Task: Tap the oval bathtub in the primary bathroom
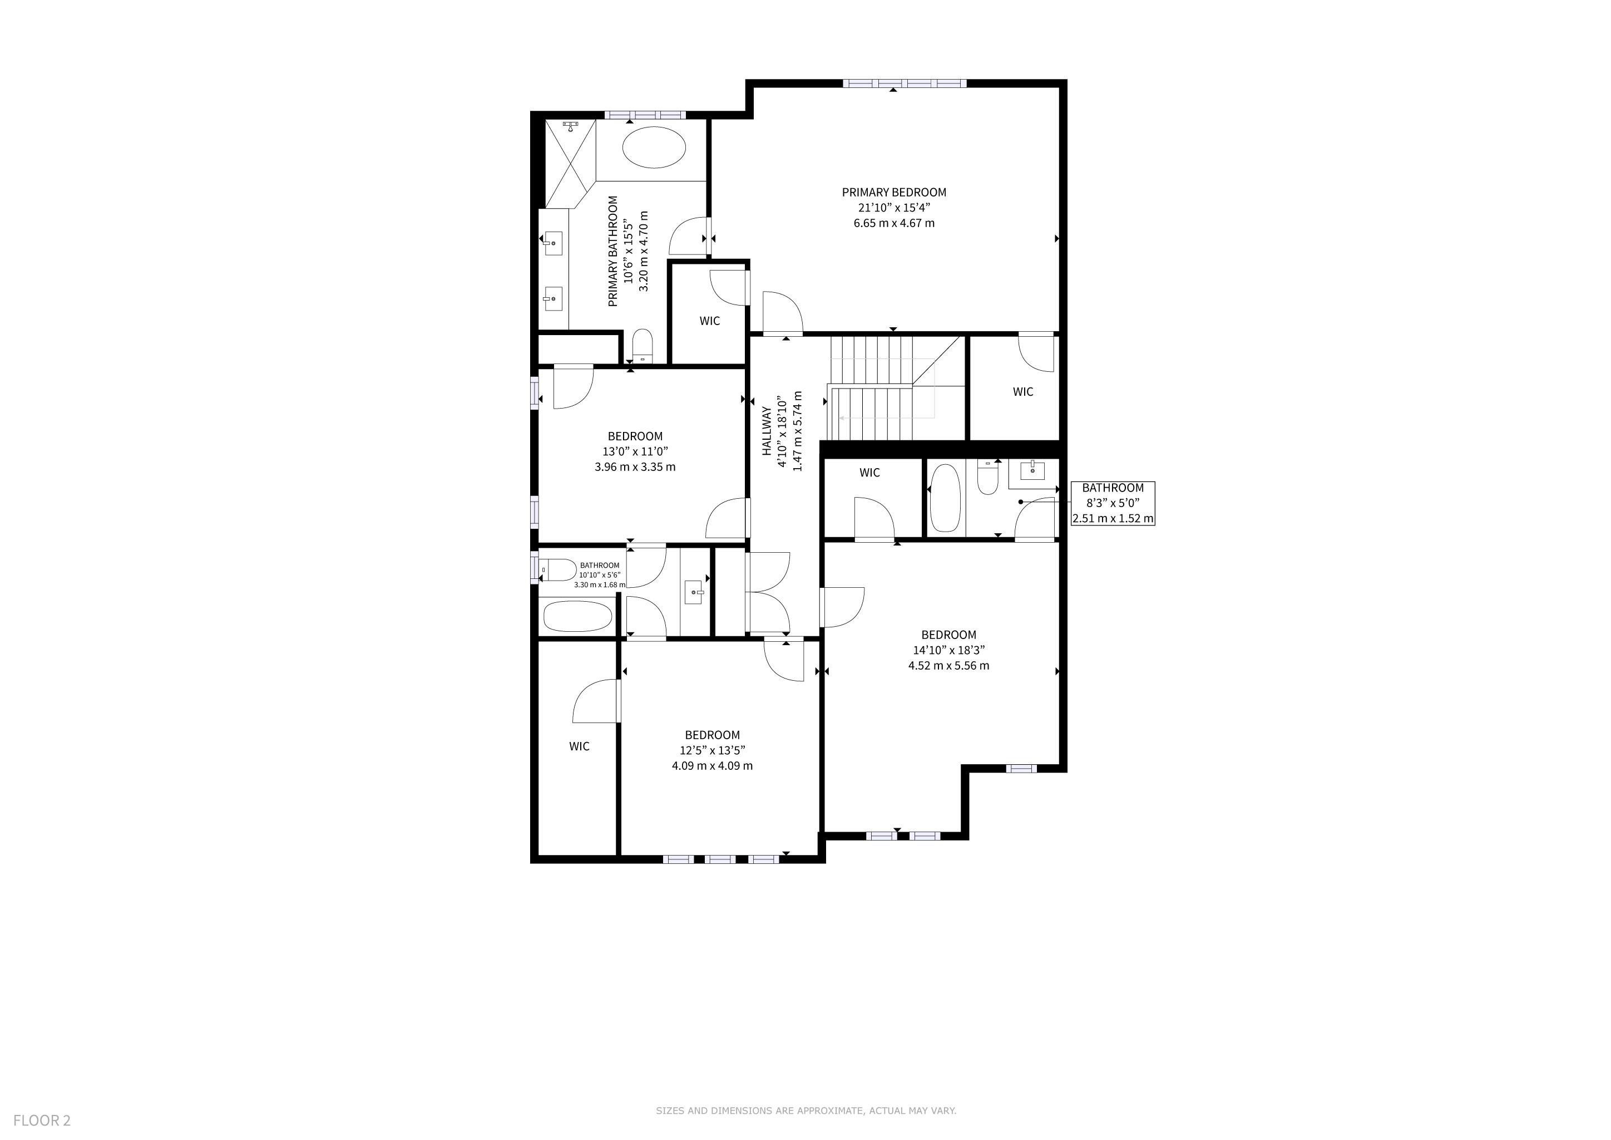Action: pyautogui.click(x=653, y=147)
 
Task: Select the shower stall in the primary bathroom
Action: pyautogui.click(x=570, y=163)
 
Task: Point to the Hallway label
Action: pyautogui.click(x=767, y=431)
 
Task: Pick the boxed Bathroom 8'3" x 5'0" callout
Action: pyautogui.click(x=1113, y=503)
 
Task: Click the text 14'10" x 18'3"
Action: pyautogui.click(x=948, y=650)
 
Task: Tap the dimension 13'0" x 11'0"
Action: pyautogui.click(x=635, y=451)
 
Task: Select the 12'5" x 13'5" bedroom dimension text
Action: pyautogui.click(x=712, y=750)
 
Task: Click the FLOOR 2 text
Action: pyautogui.click(x=42, y=1121)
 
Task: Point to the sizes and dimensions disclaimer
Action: pyautogui.click(x=805, y=1110)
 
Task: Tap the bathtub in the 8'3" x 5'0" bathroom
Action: pyautogui.click(x=945, y=498)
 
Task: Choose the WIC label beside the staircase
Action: pyautogui.click(x=1023, y=392)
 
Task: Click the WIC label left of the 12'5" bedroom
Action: pyautogui.click(x=579, y=746)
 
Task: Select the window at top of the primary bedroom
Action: pyautogui.click(x=905, y=83)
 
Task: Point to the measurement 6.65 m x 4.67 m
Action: pyautogui.click(x=894, y=223)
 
